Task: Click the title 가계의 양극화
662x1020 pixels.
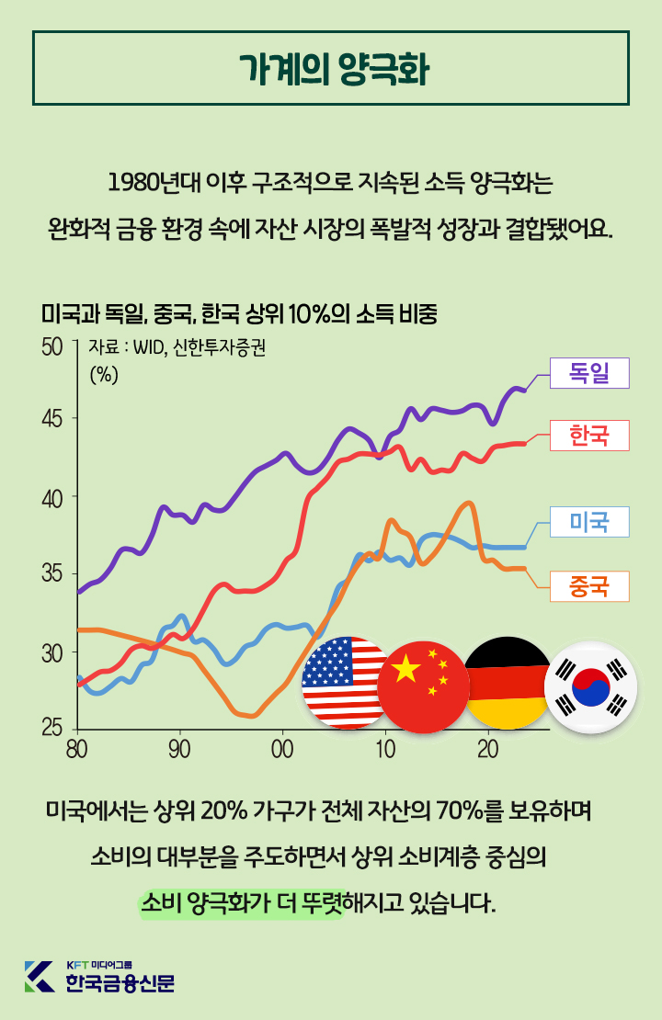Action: tap(331, 70)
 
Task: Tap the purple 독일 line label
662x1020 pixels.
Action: tap(588, 373)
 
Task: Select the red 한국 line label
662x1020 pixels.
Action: tap(588, 435)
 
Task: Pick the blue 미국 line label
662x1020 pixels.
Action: tap(588, 522)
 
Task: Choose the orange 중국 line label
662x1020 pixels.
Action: tap(588, 585)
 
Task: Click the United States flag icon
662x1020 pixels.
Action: tap(346, 682)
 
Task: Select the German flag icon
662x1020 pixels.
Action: tap(507, 682)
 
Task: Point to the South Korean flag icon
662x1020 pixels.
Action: tap(590, 687)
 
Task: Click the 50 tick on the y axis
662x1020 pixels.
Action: tap(52, 347)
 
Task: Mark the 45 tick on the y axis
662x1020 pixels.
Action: tap(52, 419)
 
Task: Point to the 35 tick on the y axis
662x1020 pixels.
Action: tap(52, 574)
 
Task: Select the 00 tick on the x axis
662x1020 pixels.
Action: tap(282, 747)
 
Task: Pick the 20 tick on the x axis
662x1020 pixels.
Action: tap(487, 747)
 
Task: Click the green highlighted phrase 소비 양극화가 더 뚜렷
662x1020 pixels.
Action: tap(241, 902)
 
